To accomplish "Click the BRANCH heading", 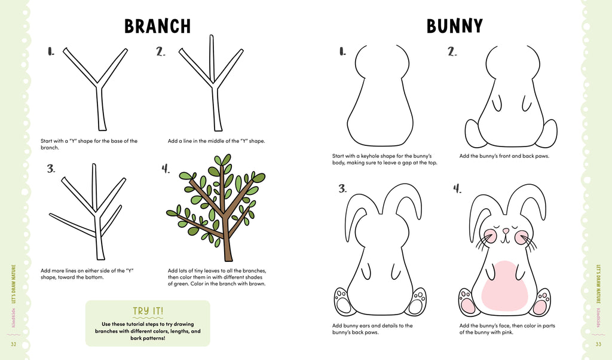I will click(157, 26).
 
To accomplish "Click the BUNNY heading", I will click(454, 26).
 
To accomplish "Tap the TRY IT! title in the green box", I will click(148, 311).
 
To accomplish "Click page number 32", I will click(13, 344).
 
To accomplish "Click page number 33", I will click(598, 344).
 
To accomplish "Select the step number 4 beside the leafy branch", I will click(166, 169).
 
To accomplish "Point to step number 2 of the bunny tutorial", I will click(452, 52).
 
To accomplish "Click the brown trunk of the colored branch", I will click(227, 239).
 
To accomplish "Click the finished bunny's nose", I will click(506, 230).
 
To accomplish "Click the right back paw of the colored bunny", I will click(541, 302).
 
